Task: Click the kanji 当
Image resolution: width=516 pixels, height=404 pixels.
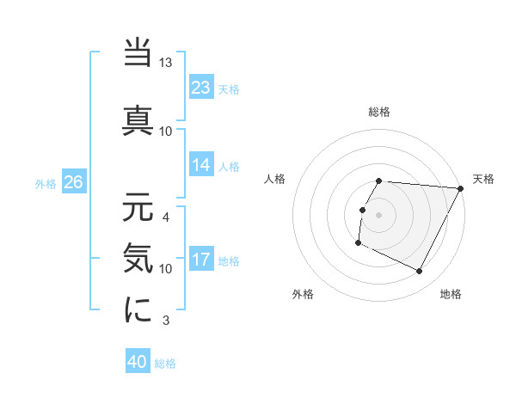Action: point(138,54)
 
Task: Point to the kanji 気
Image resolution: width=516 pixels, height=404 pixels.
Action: point(138,257)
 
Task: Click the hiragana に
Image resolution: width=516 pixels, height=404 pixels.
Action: point(138,309)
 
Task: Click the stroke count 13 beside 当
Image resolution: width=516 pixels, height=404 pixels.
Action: point(166,64)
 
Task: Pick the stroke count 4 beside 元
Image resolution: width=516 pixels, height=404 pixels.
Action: point(166,217)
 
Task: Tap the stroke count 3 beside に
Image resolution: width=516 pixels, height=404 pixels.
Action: point(166,321)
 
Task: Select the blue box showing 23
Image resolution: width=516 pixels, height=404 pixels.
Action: point(201,88)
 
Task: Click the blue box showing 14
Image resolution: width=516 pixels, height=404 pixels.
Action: point(201,165)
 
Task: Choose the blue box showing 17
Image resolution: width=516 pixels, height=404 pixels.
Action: point(201,260)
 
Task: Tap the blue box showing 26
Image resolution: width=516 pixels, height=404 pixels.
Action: point(73,182)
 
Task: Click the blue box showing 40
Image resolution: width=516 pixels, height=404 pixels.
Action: point(138,363)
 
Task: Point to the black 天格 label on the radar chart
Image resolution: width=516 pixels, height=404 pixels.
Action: point(483,179)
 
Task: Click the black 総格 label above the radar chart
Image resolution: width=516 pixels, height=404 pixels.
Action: point(379,112)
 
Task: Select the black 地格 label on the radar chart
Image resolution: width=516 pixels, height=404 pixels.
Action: point(451,295)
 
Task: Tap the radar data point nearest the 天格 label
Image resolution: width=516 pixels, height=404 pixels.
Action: point(461,188)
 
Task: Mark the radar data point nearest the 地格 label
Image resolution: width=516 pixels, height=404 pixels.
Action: point(420,272)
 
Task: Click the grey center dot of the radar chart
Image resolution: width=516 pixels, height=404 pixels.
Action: point(379,214)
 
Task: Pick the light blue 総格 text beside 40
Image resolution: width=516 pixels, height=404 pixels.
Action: point(165,364)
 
